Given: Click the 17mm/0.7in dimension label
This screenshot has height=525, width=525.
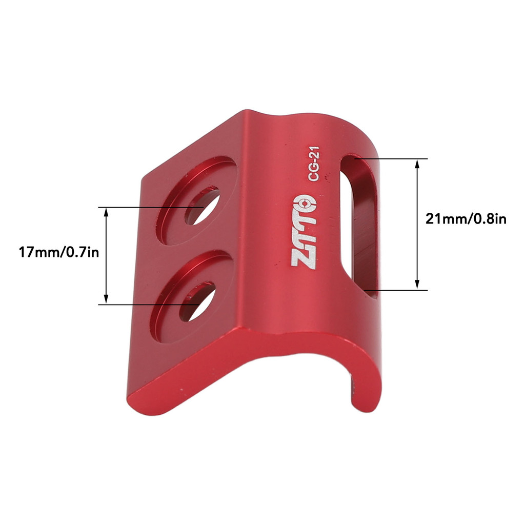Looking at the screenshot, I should pyautogui.click(x=58, y=252).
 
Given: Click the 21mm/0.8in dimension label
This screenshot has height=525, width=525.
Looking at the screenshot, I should pyautogui.click(x=466, y=219).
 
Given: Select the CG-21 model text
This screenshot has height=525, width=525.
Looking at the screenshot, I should pyautogui.click(x=314, y=164).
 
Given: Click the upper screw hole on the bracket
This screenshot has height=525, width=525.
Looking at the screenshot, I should pyautogui.click(x=203, y=207).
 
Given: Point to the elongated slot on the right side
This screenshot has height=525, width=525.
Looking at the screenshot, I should pyautogui.click(x=359, y=226).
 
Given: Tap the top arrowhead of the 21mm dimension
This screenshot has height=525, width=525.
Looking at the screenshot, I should pyautogui.click(x=418, y=163).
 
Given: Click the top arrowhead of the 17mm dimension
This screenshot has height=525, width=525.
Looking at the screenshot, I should pyautogui.click(x=106, y=211).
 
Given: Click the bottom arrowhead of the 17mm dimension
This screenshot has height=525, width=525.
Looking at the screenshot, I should pyautogui.click(x=106, y=300).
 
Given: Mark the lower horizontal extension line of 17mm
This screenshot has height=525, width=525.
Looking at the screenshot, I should pyautogui.click(x=149, y=305).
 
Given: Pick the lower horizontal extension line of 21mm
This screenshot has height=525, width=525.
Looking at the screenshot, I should pyautogui.click(x=395, y=290).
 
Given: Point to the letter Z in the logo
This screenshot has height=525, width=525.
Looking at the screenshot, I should pyautogui.click(x=301, y=258).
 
